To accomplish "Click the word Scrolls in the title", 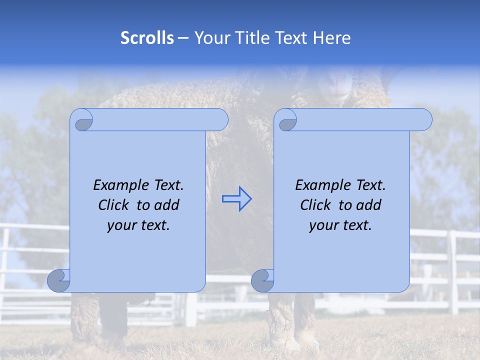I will tap(147, 38).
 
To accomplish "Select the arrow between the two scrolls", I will tap(237, 199).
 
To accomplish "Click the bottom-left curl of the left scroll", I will tap(59, 281).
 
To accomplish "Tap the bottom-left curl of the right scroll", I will tap(262, 281).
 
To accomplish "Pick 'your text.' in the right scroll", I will tap(340, 225).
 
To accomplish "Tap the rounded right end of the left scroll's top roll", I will tap(220, 120).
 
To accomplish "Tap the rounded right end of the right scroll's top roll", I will tap(424, 120).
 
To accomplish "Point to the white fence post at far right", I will tap(453, 272).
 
